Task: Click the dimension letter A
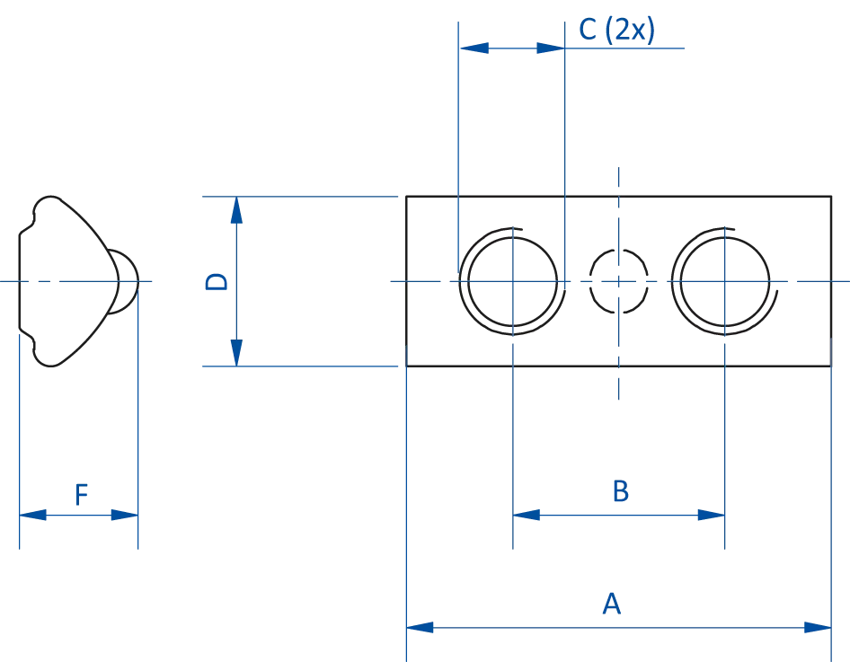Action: pos(610,605)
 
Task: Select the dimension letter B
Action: pos(621,491)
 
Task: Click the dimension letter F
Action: pos(81,494)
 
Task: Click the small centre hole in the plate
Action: pos(620,280)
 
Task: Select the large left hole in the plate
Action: pos(512,280)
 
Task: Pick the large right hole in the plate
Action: pos(722,281)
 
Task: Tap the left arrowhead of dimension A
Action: pos(423,627)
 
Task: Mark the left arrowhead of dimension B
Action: pos(529,515)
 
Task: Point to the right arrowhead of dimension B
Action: pos(708,515)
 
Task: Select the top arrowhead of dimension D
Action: pos(237,213)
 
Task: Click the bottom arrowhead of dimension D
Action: pos(237,349)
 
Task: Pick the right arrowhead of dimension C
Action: pos(546,47)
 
